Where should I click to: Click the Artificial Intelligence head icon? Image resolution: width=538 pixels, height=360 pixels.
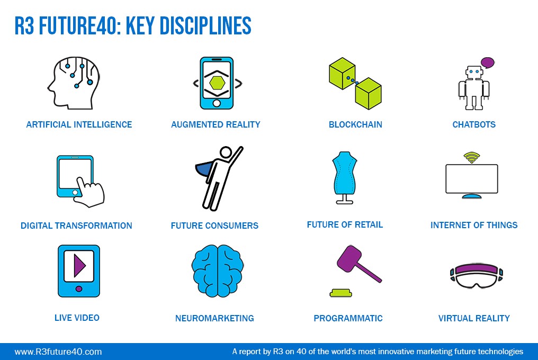(x=74, y=83)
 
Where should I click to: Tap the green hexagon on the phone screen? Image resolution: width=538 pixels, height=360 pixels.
(x=217, y=83)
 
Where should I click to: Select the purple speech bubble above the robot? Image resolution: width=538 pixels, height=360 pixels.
(x=488, y=62)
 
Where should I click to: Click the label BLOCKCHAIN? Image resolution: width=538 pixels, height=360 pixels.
(x=355, y=124)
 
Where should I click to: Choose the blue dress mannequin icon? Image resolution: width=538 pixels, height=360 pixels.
(x=345, y=177)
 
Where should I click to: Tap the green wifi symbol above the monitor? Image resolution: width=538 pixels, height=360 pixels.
(x=472, y=157)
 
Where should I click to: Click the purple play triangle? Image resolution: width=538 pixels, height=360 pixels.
(x=79, y=265)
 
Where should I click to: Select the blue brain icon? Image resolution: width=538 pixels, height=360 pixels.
(x=218, y=271)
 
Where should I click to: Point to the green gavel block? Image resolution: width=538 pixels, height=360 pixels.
(x=340, y=293)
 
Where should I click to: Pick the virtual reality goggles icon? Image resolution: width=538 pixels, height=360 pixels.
(x=476, y=276)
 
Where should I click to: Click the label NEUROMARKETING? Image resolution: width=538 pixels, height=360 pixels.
(x=214, y=319)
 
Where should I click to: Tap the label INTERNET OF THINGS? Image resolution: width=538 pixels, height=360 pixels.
(x=474, y=225)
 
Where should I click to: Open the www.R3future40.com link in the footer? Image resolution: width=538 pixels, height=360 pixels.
(x=58, y=352)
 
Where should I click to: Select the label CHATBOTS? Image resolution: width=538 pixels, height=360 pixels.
(x=474, y=124)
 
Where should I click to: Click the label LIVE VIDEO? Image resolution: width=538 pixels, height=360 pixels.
(x=77, y=318)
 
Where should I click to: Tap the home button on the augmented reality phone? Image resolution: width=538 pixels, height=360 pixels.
(x=217, y=103)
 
